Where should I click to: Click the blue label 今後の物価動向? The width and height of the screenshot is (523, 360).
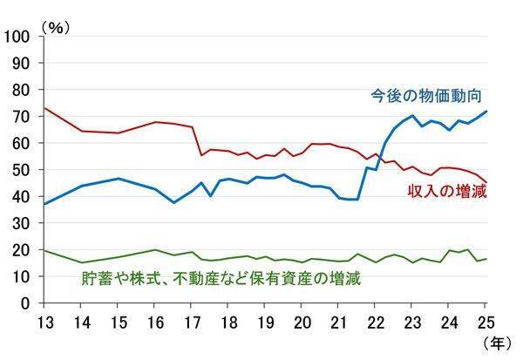[x=425, y=94]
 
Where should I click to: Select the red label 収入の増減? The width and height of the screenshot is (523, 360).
[x=448, y=190]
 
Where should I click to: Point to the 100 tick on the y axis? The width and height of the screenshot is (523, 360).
[x=17, y=36]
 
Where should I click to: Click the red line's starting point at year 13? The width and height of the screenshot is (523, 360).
[x=44, y=108]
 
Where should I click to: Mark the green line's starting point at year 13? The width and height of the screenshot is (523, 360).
[x=44, y=250]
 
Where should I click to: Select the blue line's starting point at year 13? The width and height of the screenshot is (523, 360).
[x=44, y=204]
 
